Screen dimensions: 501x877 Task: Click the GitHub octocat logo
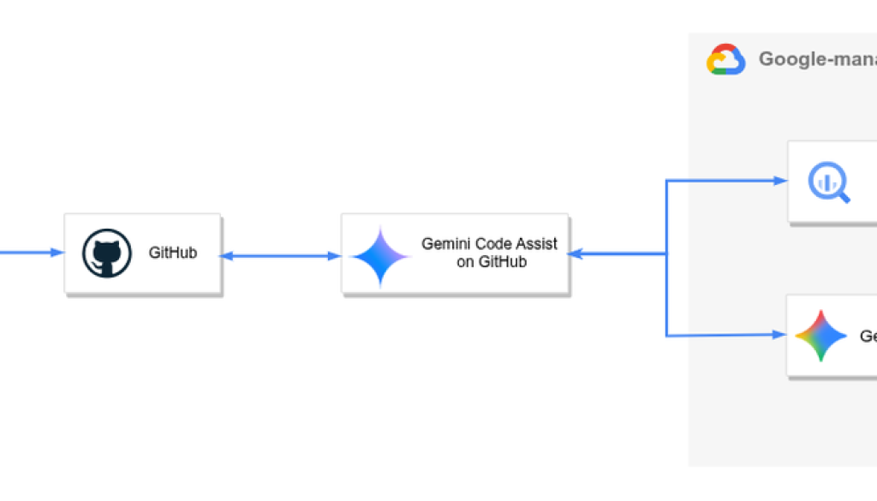tap(107, 254)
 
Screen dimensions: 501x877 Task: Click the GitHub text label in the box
tap(173, 253)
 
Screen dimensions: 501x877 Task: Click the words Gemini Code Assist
tap(488, 244)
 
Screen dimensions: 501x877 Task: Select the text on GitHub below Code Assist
tap(491, 262)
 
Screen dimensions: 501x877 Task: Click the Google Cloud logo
tap(725, 60)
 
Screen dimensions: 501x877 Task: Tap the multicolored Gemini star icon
tap(820, 336)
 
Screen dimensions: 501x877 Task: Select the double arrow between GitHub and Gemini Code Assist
tap(281, 255)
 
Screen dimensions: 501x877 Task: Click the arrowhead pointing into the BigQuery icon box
tap(780, 181)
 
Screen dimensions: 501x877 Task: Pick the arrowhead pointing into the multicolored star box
tap(780, 335)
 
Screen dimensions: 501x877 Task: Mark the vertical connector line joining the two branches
tap(666, 257)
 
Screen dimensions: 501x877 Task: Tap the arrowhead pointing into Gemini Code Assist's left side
tap(335, 255)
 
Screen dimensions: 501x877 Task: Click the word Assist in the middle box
tap(537, 244)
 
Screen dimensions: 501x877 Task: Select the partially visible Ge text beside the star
tap(867, 337)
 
